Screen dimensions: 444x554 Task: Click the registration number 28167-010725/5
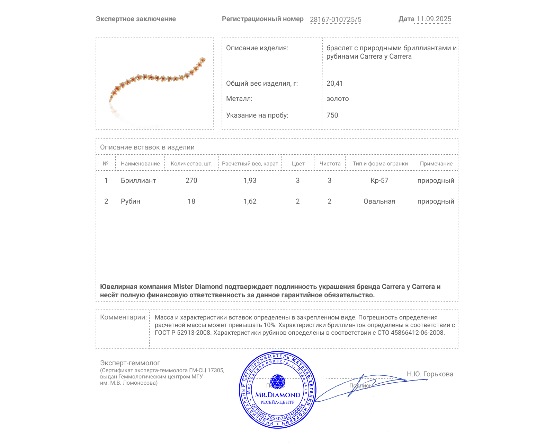(x=335, y=19)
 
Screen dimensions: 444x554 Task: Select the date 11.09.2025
(x=434, y=19)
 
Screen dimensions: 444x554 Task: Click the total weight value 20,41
(x=334, y=83)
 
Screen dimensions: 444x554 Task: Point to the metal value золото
(x=337, y=99)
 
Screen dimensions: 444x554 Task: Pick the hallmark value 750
(x=332, y=115)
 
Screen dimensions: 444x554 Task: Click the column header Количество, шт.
(x=191, y=163)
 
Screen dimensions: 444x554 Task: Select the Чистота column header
(x=330, y=163)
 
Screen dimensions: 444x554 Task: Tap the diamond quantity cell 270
(x=191, y=180)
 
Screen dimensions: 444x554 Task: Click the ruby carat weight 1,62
(x=250, y=201)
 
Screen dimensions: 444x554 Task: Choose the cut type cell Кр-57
(x=379, y=180)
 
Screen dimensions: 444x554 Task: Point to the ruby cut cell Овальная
(x=379, y=201)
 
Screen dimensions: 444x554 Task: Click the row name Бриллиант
(x=138, y=180)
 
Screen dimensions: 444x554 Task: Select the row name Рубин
(x=130, y=201)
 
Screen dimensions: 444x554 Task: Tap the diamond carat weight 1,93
(x=250, y=180)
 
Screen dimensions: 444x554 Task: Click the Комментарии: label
(x=123, y=317)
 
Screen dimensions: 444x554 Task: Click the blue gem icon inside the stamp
(x=277, y=382)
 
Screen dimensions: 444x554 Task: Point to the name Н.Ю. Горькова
(x=430, y=374)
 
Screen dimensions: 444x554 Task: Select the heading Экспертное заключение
(x=136, y=19)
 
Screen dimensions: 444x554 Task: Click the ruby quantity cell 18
(x=191, y=201)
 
